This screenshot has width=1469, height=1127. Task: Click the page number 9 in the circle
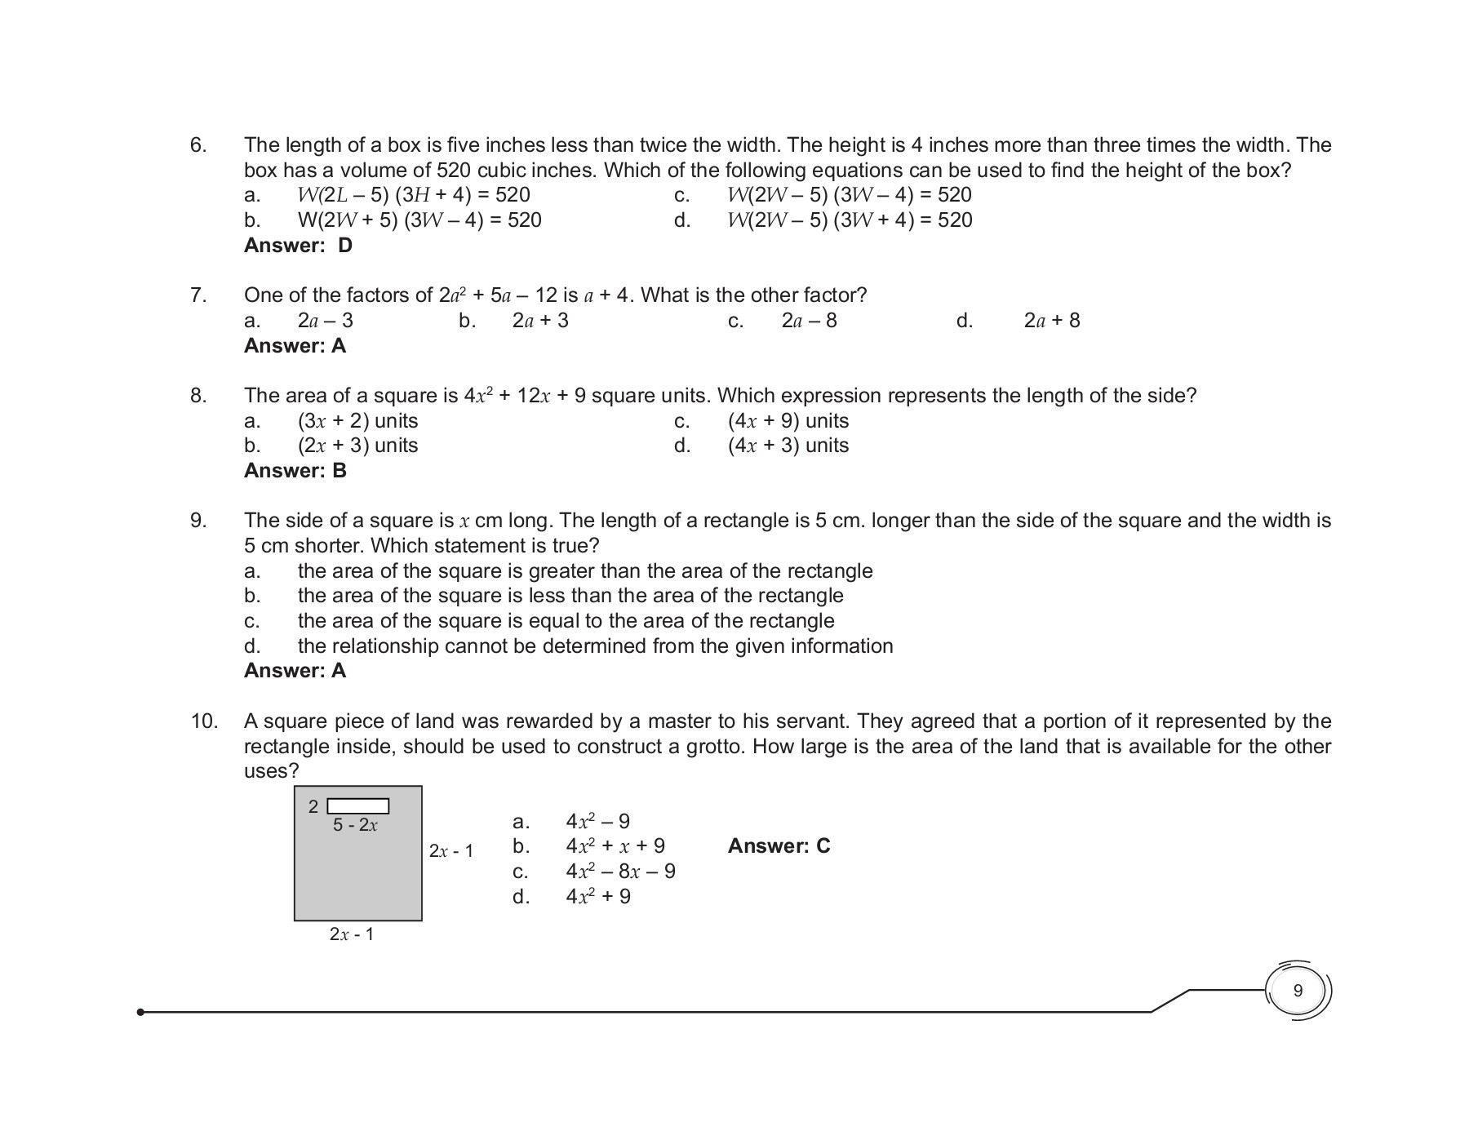(1298, 991)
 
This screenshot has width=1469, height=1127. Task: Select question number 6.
(198, 145)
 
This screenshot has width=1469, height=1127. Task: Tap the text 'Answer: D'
(298, 246)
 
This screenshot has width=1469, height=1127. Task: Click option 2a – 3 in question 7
(325, 321)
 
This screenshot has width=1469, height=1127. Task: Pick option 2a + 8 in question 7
(1051, 321)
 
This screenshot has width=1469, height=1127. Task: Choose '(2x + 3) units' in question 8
(357, 446)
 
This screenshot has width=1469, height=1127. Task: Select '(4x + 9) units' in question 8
(788, 421)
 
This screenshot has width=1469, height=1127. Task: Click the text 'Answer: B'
(295, 471)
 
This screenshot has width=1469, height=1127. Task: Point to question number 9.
(198, 521)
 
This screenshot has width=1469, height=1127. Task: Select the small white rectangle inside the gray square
(358, 806)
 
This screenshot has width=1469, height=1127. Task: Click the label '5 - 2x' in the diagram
(355, 825)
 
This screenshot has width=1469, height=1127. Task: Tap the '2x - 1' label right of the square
(451, 851)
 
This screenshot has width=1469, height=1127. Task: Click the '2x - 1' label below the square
(352, 934)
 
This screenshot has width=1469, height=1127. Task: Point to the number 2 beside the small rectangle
(313, 807)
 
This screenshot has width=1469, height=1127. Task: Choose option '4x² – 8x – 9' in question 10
(620, 872)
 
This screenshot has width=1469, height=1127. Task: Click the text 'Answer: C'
(779, 846)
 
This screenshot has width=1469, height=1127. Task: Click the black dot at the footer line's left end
(141, 1012)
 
